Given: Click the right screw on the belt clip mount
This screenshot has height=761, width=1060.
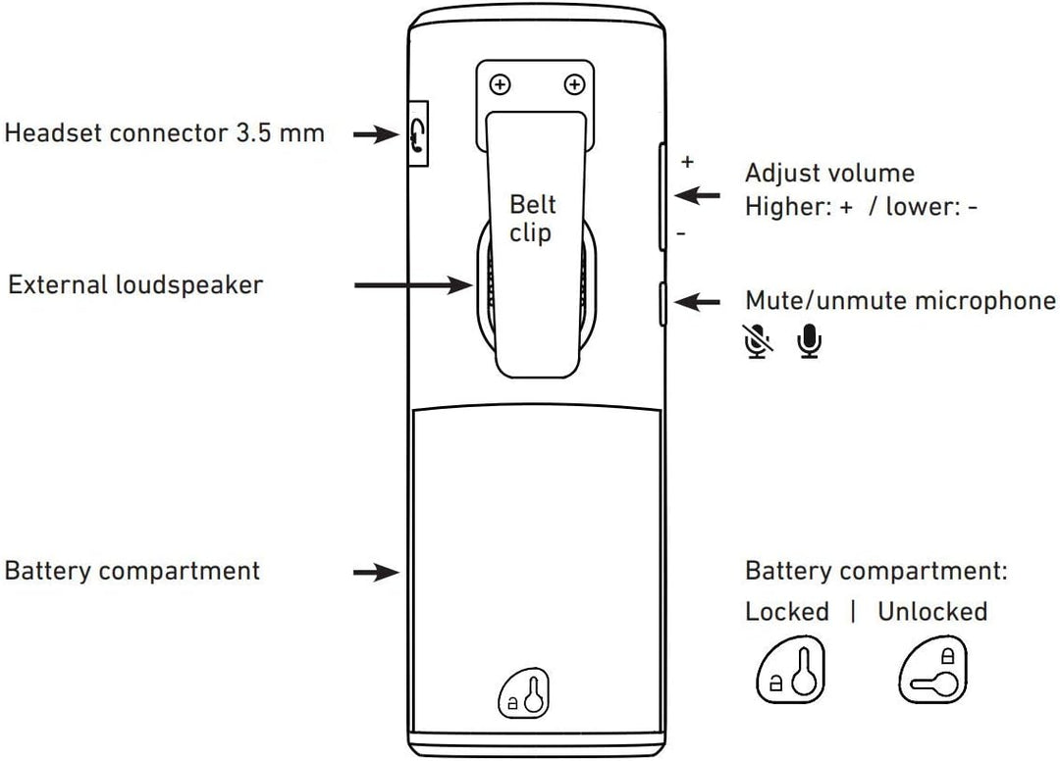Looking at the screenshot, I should click(x=574, y=85).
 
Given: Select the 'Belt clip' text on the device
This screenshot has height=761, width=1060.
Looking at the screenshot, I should click(x=531, y=218).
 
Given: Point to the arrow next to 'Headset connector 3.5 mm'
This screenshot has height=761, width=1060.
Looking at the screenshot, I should click(x=373, y=134).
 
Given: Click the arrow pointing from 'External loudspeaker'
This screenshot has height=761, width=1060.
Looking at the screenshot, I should click(x=413, y=285).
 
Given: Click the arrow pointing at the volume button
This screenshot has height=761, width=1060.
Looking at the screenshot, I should click(x=699, y=195).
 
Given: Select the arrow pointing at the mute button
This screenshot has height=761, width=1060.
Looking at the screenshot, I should click(x=699, y=302).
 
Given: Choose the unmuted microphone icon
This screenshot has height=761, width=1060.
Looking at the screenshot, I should click(x=810, y=338).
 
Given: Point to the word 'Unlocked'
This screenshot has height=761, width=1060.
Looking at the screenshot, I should click(x=932, y=612).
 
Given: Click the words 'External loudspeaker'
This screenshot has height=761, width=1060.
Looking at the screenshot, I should click(x=135, y=285).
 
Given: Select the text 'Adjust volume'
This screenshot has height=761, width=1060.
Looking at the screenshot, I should click(x=829, y=174).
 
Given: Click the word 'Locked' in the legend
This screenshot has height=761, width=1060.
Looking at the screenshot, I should click(x=787, y=612).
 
